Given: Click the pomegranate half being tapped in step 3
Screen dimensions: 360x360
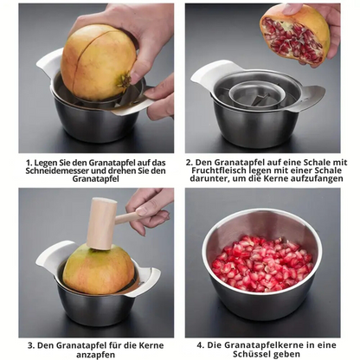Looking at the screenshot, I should click(98, 270).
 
